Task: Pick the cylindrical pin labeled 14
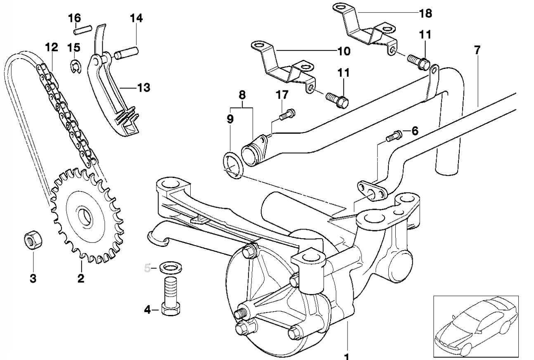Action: pyautogui.click(x=128, y=53)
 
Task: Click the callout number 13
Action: pyautogui.click(x=143, y=88)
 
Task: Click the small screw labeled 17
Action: pyautogui.click(x=286, y=114)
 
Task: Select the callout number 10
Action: pyautogui.click(x=343, y=51)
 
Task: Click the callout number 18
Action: pyautogui.click(x=425, y=14)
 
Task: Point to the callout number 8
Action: pyautogui.click(x=242, y=95)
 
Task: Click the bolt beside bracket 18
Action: pyautogui.click(x=419, y=61)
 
